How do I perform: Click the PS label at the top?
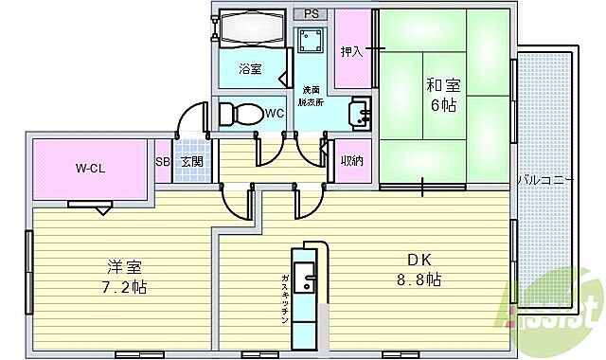pos(312,14)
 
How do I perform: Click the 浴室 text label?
pos(250,68)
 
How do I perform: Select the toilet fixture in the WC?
pos(239,114)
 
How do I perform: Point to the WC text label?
pos(274,114)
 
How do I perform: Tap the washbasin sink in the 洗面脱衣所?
pos(360,113)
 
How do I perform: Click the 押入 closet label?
pos(351,51)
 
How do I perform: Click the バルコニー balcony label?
pos(544,178)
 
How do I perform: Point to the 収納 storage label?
pos(351,161)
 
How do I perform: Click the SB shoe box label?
pos(162,161)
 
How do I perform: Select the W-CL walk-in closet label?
pos(91,169)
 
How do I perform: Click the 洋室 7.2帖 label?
pos(124,275)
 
